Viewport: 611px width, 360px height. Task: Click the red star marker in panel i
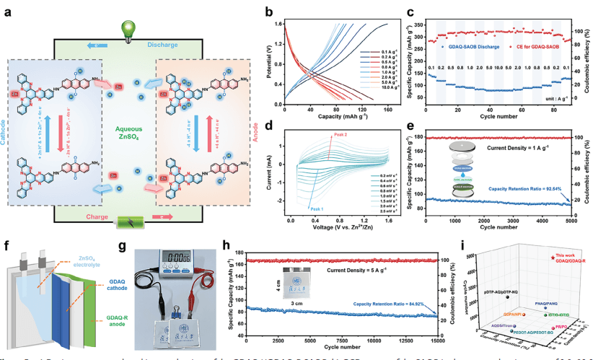552,258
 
